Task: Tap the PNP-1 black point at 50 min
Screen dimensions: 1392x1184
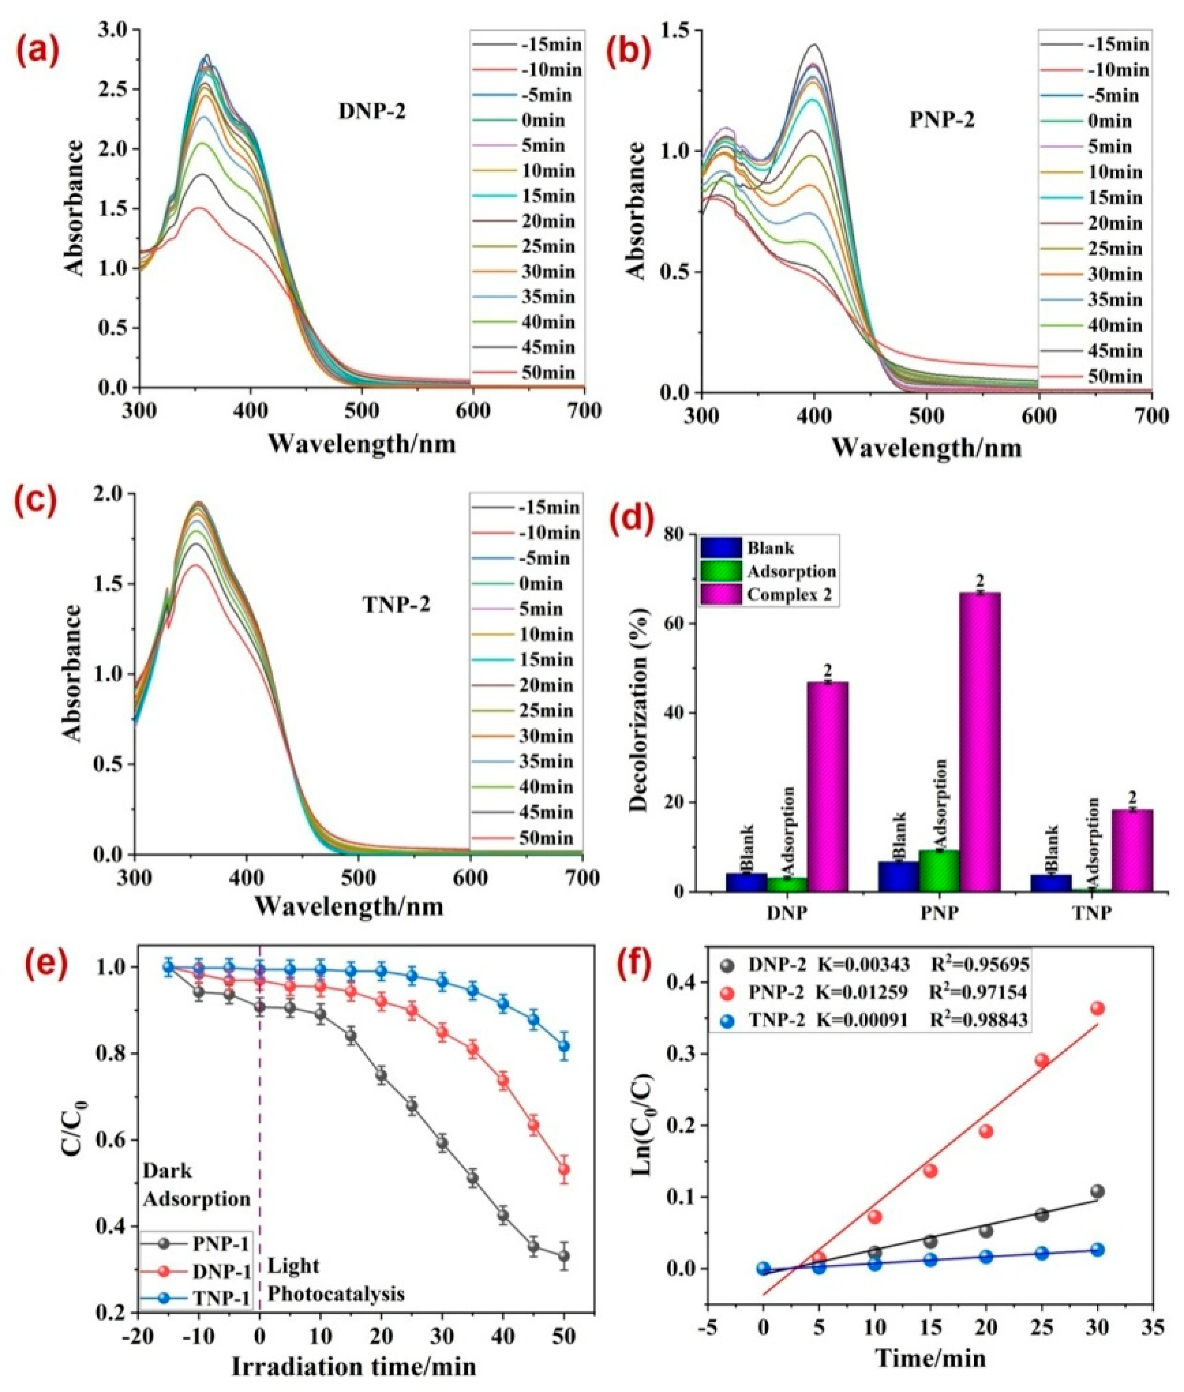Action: [x=564, y=1256]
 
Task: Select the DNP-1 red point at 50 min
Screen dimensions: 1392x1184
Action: [x=564, y=1169]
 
